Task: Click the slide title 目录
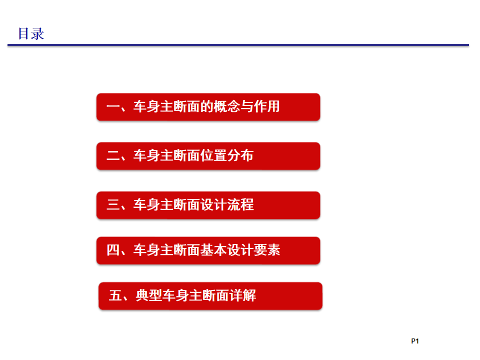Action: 31,33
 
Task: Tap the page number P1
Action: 415,341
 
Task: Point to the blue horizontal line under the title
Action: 238,45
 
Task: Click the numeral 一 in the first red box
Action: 113,107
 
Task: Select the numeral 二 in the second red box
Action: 113,155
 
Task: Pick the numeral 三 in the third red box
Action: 113,205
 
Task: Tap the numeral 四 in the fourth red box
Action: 113,250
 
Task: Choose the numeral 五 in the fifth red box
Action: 115,295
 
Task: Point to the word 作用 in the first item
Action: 266,106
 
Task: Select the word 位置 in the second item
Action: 213,155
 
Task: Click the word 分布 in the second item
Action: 240,155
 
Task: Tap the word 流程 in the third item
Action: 240,205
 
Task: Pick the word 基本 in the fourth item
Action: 213,250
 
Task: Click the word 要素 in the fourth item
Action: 267,250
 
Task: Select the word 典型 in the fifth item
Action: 149,295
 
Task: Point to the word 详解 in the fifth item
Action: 242,295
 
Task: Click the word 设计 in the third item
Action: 213,205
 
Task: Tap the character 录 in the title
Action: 37,33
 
